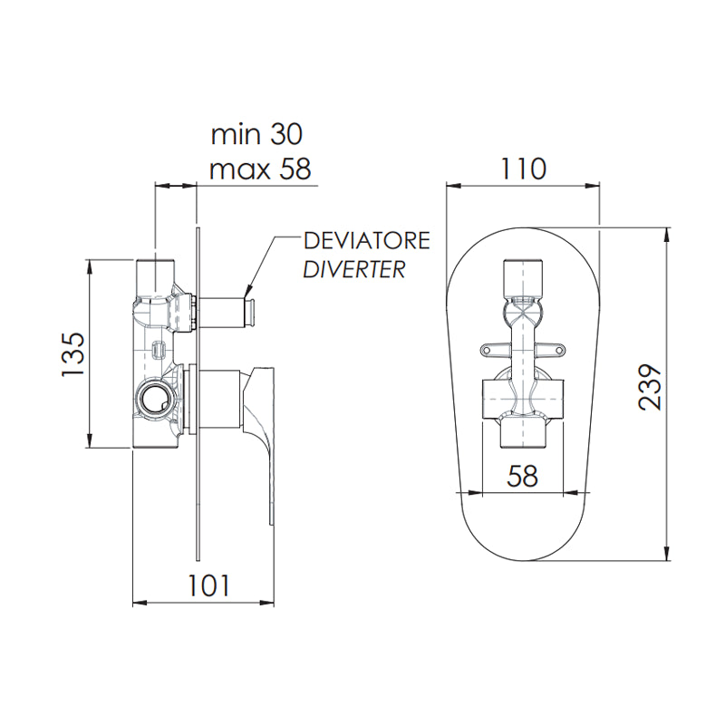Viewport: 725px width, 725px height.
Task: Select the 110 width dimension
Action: tap(523, 169)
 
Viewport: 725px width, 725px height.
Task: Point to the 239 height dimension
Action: tap(650, 387)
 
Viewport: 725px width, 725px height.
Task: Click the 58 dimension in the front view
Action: tap(523, 476)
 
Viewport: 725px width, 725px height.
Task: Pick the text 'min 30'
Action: tap(256, 134)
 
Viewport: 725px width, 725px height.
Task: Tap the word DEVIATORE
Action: tap(367, 241)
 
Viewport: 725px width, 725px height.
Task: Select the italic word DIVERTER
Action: tap(354, 269)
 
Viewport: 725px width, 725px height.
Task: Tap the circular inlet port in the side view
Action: tap(155, 396)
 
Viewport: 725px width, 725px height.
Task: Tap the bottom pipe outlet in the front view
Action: tap(523, 434)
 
